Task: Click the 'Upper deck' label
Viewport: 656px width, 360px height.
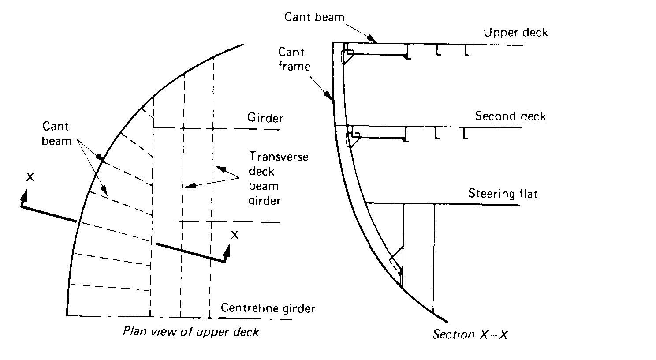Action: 515,33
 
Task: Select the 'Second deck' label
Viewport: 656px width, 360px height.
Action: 510,116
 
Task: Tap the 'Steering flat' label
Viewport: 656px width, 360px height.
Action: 503,194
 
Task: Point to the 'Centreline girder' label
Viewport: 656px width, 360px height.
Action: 268,307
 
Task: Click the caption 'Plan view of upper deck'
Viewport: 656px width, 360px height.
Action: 191,331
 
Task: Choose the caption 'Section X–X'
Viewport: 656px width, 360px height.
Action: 470,334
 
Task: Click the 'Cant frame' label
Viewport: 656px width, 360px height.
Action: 294,59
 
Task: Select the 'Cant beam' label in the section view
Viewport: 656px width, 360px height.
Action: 314,17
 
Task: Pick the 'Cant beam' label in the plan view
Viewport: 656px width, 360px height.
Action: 56,134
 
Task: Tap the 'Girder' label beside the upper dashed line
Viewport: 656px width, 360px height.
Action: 265,118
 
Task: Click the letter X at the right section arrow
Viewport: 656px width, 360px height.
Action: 235,235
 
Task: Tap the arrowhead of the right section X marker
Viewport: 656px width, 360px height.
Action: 228,250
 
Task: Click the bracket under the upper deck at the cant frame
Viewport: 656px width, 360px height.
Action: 348,55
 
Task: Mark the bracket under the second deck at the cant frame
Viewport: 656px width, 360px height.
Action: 352,138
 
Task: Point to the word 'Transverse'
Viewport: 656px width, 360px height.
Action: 279,157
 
